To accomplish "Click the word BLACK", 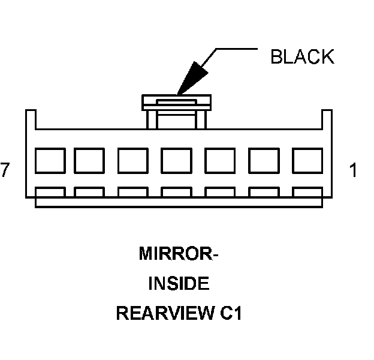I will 301,57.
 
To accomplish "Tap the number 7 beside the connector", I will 5,170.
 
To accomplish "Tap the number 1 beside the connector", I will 353,170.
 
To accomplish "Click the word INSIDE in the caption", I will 178,283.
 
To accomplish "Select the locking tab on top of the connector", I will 177,103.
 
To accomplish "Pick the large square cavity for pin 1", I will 307,160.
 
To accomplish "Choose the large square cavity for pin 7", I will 50,160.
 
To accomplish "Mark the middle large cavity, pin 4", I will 177,160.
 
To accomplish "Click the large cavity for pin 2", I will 264,160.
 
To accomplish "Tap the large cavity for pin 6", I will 89,160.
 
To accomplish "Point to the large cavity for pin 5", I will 132,160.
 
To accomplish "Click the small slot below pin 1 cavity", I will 307,193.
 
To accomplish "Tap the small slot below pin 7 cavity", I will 50,193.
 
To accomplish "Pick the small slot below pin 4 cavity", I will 177,193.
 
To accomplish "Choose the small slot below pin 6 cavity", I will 89,193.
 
